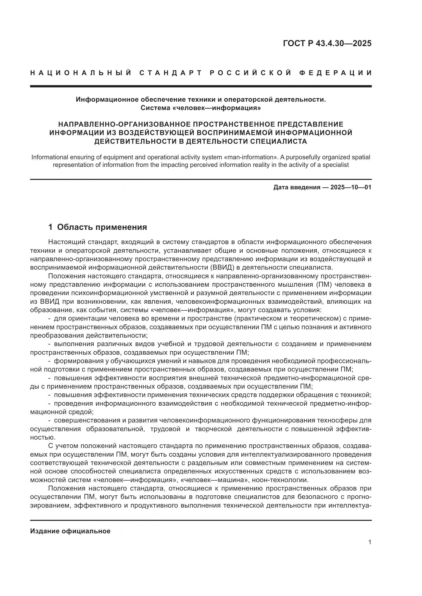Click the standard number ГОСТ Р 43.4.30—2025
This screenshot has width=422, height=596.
(x=327, y=43)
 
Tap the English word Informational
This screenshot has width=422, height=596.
(x=52, y=157)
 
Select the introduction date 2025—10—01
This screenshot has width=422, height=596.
(x=351, y=188)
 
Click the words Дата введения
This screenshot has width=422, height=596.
(x=296, y=188)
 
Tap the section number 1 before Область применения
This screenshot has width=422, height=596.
(x=51, y=227)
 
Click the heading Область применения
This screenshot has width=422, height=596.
(x=102, y=227)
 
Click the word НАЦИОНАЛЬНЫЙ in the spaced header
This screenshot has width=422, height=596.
(x=81, y=73)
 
